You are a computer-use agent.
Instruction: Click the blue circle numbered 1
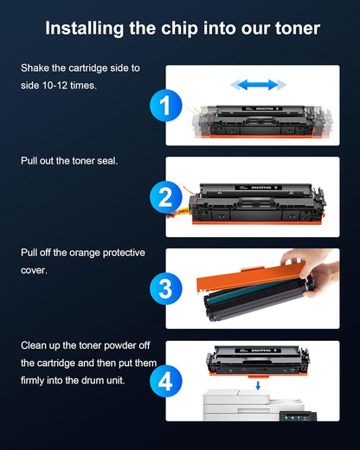(165, 106)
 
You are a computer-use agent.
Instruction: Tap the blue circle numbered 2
(165, 198)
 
